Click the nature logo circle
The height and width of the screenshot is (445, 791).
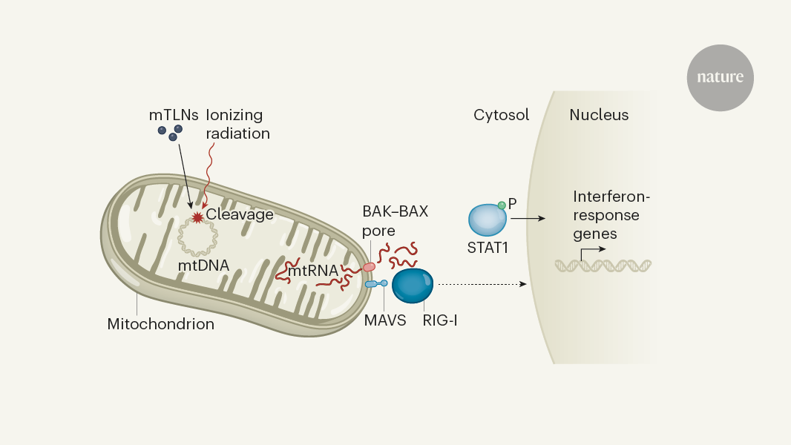point(720,77)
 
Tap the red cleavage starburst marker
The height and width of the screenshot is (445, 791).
point(197,217)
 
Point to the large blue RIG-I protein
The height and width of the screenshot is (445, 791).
point(413,286)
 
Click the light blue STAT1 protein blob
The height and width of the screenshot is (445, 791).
point(488,222)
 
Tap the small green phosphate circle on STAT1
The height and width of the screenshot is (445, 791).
point(502,205)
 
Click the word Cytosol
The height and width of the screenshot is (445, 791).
point(501,115)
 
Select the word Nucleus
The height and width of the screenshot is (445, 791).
point(599,115)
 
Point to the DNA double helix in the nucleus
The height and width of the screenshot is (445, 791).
point(604,264)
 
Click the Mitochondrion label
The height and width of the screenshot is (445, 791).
point(160,324)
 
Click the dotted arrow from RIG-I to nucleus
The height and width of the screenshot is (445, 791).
point(482,284)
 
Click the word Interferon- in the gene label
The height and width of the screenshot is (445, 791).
point(611,197)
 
